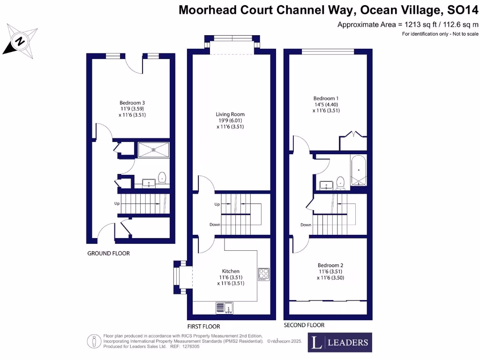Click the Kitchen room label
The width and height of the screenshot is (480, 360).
(x=231, y=271)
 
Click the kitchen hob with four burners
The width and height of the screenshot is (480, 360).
(x=263, y=274)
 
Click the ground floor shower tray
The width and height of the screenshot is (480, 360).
(x=154, y=150)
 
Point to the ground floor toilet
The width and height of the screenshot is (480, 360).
(x=162, y=178)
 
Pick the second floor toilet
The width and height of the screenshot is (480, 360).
(x=341, y=182)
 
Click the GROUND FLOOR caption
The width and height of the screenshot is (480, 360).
(x=108, y=254)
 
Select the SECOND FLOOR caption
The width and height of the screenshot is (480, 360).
(x=304, y=325)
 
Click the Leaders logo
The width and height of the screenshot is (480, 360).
(x=340, y=342)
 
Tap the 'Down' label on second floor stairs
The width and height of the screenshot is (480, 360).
(x=306, y=225)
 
